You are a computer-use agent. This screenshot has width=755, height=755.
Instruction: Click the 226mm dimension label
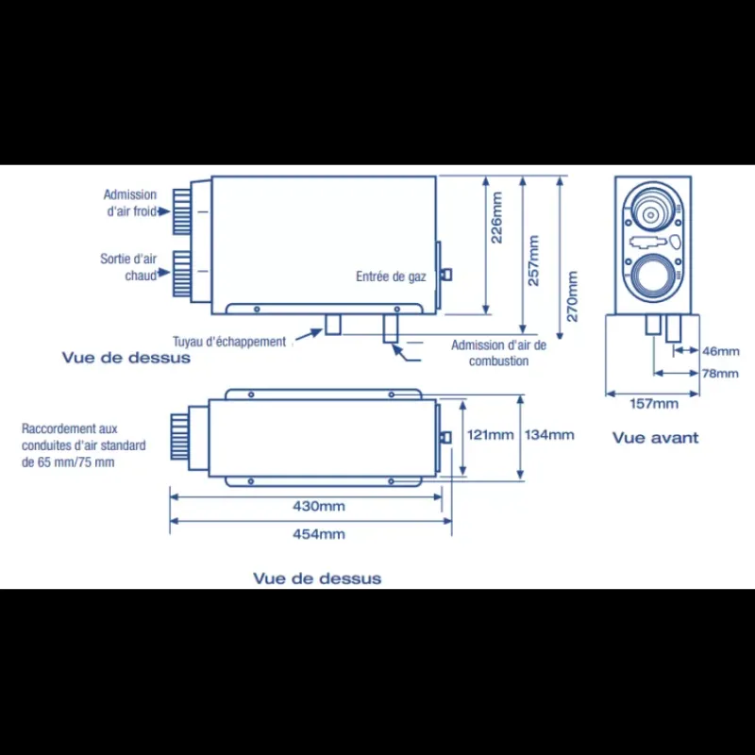point(496,218)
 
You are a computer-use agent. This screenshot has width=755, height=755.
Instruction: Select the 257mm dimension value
point(533,260)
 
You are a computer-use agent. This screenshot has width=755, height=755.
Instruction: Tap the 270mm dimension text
point(572,296)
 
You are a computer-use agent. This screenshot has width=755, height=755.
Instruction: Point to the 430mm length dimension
point(319,506)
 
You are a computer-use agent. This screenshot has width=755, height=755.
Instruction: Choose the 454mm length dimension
point(319,534)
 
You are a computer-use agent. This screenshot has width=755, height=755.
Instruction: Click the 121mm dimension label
point(490,435)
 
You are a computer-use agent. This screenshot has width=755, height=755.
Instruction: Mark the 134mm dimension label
point(549,435)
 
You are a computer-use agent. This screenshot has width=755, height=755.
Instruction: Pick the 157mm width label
point(654,404)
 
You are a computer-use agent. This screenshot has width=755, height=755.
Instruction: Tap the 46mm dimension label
point(720,351)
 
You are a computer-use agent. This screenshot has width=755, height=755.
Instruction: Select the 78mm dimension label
point(720,373)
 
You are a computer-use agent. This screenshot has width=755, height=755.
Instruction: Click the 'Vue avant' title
point(655,438)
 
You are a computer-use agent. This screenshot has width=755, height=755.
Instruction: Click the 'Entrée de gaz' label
point(391,277)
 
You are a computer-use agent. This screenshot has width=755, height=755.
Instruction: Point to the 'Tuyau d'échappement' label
point(229,342)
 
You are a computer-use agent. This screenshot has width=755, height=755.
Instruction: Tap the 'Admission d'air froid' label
point(130,203)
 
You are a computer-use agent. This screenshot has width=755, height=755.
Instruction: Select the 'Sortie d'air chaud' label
point(128,267)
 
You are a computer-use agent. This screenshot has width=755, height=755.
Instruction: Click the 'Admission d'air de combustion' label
point(499,353)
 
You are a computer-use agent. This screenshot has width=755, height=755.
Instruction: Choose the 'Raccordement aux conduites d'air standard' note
point(83,445)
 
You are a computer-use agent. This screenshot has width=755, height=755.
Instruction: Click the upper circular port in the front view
point(651,206)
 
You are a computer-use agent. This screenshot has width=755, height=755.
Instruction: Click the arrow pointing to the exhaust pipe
point(309,335)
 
